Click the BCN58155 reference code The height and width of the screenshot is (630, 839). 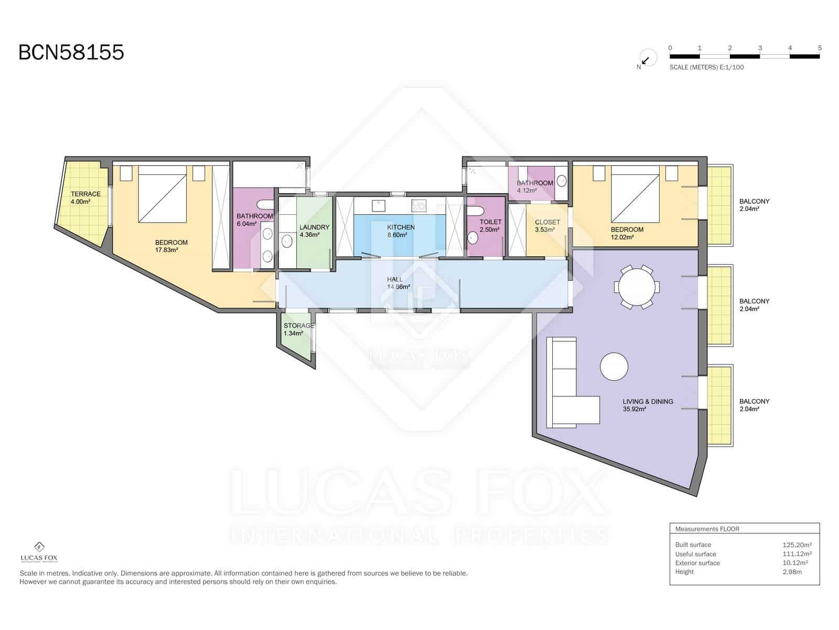pos(71,52)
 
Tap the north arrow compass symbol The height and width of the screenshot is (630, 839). pos(648,58)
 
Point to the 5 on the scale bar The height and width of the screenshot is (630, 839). pos(820,48)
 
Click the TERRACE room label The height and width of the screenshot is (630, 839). pos(85,194)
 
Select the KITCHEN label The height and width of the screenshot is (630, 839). pos(401,227)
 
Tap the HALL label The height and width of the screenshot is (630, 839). pos(394,279)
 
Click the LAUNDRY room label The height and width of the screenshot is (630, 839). pos(314,227)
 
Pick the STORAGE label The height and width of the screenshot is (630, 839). pos(298,325)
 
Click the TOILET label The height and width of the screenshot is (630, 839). pos(490,222)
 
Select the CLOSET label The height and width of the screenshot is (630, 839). pos(547,222)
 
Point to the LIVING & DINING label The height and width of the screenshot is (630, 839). pos(648,401)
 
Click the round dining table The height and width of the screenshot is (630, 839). pos(637,287)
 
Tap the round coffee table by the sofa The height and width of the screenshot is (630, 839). pos(614,366)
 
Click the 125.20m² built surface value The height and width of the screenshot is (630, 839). pos(797,545)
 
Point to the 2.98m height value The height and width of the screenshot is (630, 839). pos(792,572)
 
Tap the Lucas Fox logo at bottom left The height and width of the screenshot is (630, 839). pos(39,552)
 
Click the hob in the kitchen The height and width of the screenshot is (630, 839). pos(419,206)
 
